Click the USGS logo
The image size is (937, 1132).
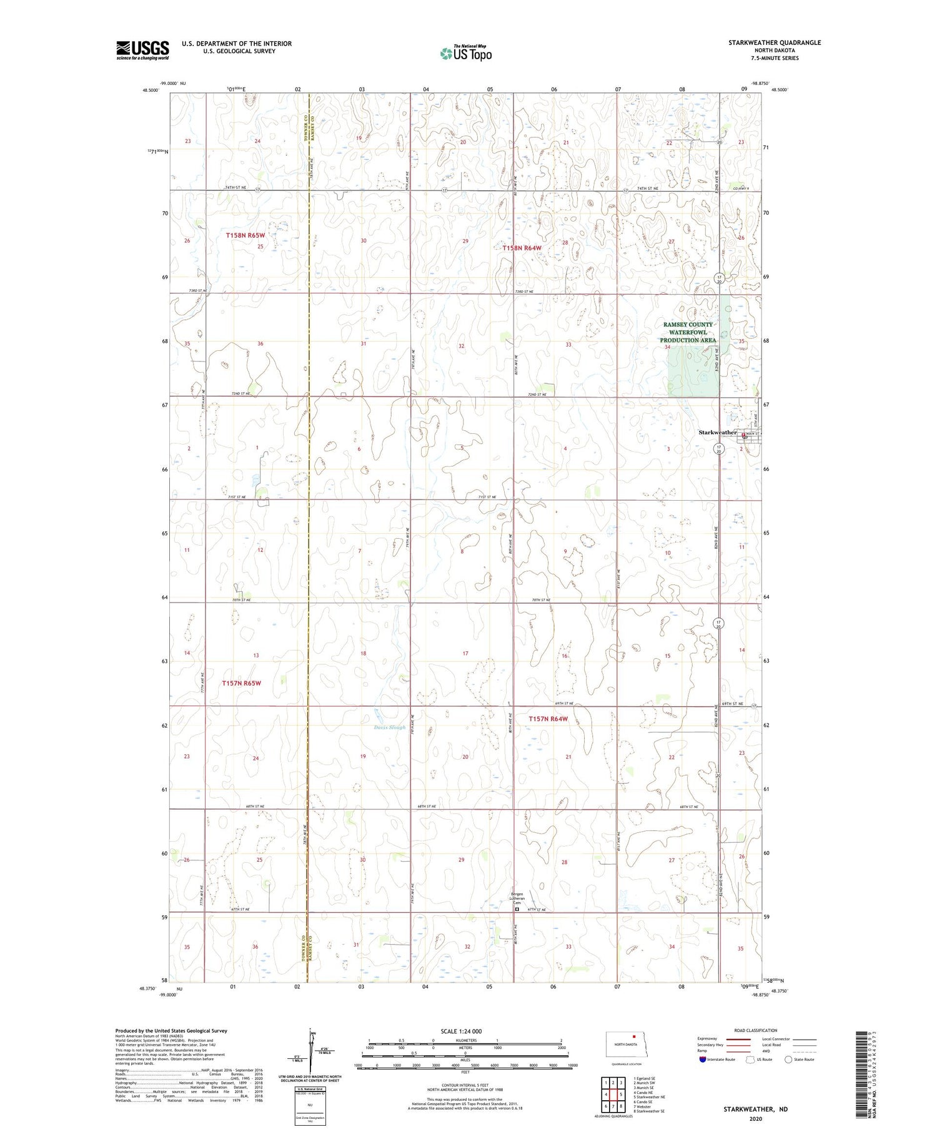click(x=142, y=50)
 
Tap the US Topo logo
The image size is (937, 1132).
click(x=465, y=54)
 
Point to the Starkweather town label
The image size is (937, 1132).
click(x=717, y=432)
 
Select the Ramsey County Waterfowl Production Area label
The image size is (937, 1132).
click(x=687, y=332)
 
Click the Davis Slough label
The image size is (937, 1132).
click(x=389, y=727)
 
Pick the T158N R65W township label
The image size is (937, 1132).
click(x=245, y=235)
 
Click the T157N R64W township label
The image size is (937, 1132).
click(x=548, y=719)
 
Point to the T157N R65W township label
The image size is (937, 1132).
click(x=241, y=683)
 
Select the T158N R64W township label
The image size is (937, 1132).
click(x=522, y=248)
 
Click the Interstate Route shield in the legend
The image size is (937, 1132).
click(x=703, y=1060)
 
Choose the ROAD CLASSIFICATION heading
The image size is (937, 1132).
click(x=755, y=1030)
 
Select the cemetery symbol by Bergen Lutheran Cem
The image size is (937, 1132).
click(x=517, y=910)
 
